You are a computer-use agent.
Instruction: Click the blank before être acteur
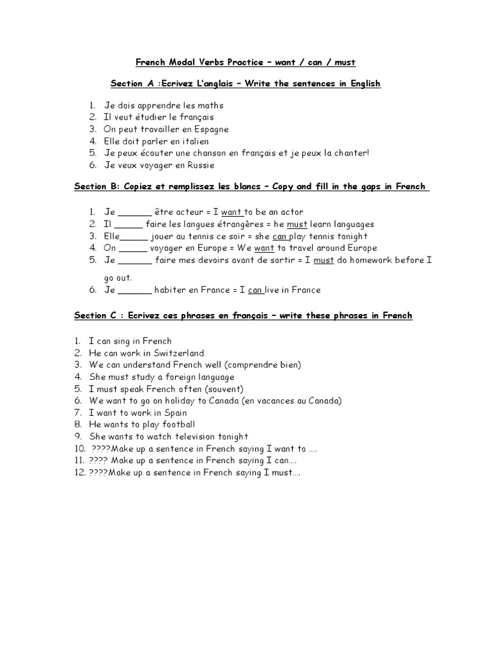pyautogui.click(x=136, y=212)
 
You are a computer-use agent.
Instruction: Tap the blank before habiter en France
pyautogui.click(x=136, y=290)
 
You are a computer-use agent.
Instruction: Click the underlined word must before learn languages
pyautogui.click(x=297, y=225)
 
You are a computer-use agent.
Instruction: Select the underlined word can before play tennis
pyautogui.click(x=280, y=236)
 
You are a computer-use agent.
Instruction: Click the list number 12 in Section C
pyautogui.click(x=79, y=473)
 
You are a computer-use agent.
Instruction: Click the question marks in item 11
pyautogui.click(x=98, y=461)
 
